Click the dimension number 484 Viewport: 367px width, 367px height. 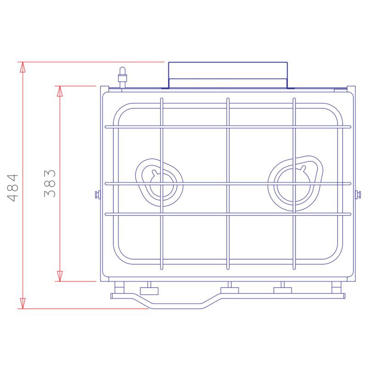click(x=13, y=188)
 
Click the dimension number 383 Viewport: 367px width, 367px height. click(x=50, y=184)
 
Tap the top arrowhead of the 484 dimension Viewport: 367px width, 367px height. click(x=22, y=67)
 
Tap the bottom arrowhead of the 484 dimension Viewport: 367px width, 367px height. click(x=22, y=303)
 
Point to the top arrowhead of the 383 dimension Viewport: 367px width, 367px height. click(x=60, y=91)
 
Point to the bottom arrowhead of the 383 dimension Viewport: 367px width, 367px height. click(x=60, y=276)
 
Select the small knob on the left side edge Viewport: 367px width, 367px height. click(x=98, y=194)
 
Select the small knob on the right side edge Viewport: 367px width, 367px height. click(x=358, y=195)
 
